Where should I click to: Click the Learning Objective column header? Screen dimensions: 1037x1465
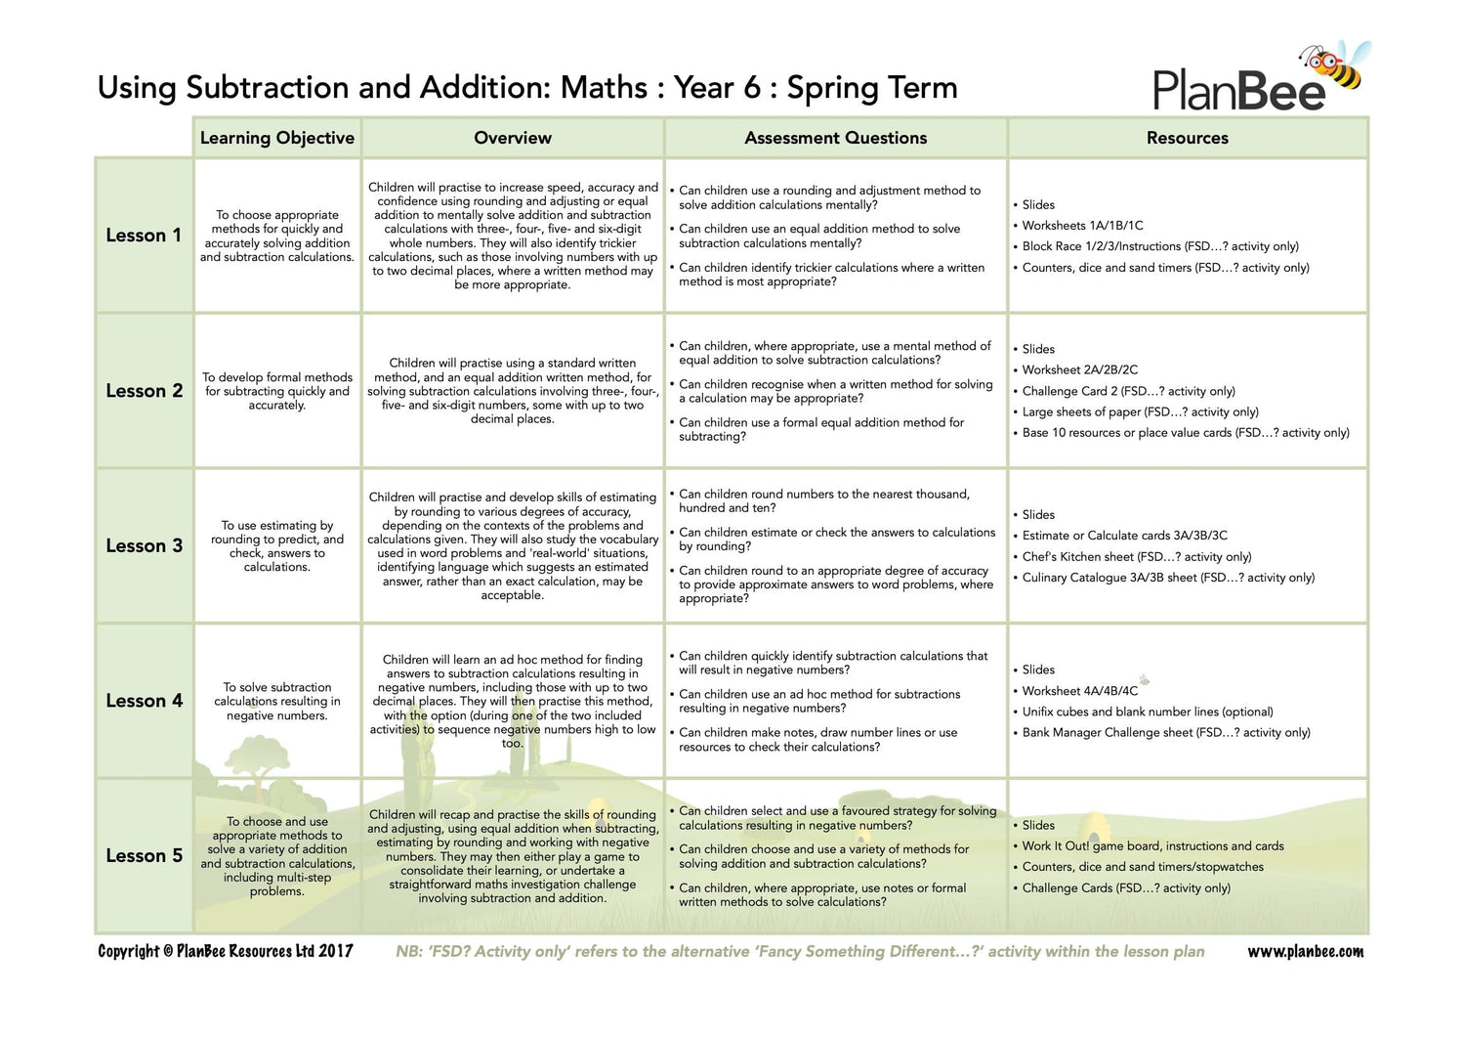(277, 138)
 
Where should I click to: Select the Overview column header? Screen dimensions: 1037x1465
(513, 138)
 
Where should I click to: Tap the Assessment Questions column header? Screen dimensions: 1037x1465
(836, 138)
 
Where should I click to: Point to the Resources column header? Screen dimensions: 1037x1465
(1188, 138)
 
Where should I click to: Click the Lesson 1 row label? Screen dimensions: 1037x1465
(144, 236)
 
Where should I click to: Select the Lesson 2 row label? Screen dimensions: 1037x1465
(144, 391)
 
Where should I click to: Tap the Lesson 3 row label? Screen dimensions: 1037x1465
(144, 546)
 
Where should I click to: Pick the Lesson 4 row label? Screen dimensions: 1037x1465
(144, 701)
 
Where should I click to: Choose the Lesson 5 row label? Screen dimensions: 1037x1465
(144, 856)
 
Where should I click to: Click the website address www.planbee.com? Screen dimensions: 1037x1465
(1305, 951)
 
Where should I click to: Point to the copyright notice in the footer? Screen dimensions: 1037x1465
(226, 951)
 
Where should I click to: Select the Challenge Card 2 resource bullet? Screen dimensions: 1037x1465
(1128, 391)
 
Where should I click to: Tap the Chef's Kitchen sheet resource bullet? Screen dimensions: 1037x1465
(1136, 557)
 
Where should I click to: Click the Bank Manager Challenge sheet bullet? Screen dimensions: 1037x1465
(1166, 733)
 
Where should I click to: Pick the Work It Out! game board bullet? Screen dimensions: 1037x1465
(1152, 846)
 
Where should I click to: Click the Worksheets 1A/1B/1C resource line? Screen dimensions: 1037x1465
(1082, 226)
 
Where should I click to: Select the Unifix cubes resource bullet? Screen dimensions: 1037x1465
(1148, 712)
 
